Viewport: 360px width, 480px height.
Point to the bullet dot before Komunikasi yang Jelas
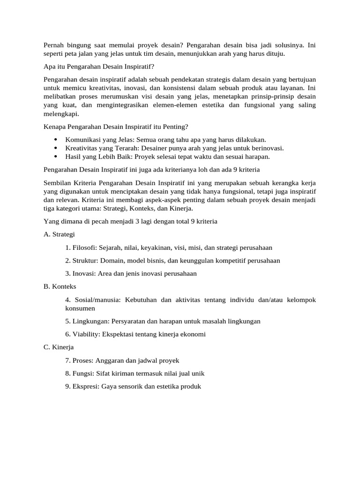pyautogui.click(x=56, y=140)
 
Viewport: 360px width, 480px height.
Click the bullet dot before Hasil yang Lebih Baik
pyautogui.click(x=56, y=157)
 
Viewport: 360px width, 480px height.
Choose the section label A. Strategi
pyautogui.click(x=59, y=234)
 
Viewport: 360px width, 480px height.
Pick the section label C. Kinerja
pyautogui.click(x=59, y=347)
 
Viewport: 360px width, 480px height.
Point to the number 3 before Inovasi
pyautogui.click(x=68, y=274)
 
